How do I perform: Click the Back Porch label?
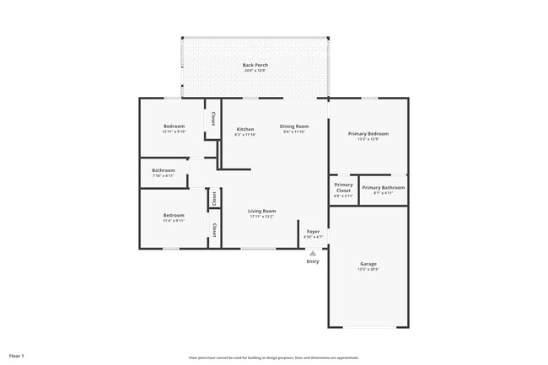pos(255,65)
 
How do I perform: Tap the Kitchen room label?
pos(245,129)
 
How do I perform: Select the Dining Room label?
pos(294,126)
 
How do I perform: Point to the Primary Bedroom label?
pos(368,134)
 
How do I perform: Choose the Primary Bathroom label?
pos(384,187)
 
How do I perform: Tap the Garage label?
pos(368,264)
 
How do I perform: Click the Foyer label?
pos(313,231)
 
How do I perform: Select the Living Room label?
pos(261,211)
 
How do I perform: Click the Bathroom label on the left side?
pos(164,170)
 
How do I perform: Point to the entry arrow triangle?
pos(313,252)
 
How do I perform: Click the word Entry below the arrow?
pos(313,260)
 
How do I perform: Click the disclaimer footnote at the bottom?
pos(274,357)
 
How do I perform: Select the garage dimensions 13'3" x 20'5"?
pos(368,270)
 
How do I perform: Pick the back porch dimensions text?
pos(255,71)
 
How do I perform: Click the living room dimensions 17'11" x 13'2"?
pos(261,217)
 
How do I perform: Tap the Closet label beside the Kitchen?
pos(212,118)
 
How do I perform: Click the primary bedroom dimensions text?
pos(368,140)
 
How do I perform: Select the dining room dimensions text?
pos(294,132)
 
